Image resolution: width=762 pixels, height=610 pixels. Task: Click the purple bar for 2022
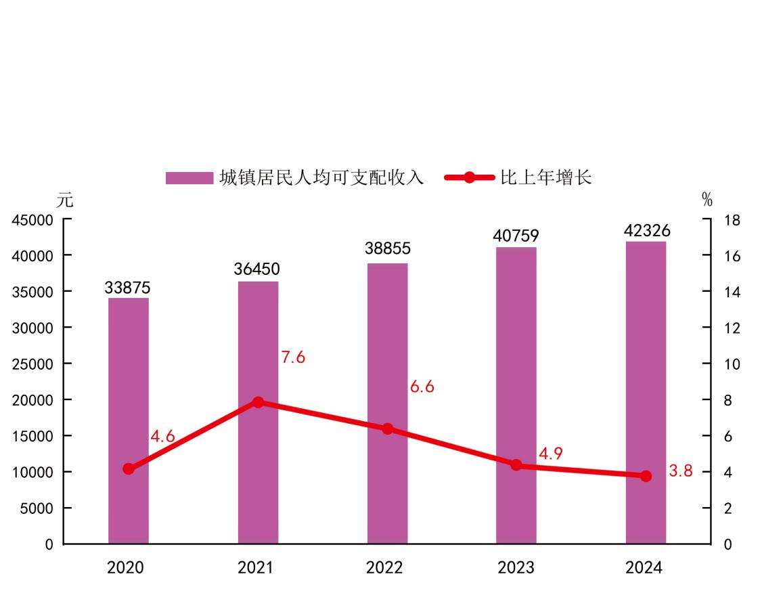(x=388, y=403)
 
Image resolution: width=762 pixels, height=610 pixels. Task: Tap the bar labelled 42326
(x=646, y=392)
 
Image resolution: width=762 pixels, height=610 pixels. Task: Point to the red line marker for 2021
(x=258, y=402)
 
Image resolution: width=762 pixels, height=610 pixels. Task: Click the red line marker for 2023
(x=516, y=465)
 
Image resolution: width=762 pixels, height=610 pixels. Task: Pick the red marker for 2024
(x=646, y=476)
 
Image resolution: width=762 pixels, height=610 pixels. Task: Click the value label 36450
(x=257, y=269)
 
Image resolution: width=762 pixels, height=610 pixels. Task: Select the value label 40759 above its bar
(x=516, y=236)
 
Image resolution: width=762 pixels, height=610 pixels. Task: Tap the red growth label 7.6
(x=293, y=357)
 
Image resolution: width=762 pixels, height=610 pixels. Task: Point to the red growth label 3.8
(x=681, y=472)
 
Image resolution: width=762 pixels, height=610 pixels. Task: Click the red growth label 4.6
(x=162, y=437)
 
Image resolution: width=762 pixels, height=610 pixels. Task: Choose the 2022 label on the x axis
(x=384, y=567)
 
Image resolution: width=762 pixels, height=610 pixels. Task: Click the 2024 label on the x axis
(x=644, y=567)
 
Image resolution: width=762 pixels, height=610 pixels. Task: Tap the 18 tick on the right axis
(x=732, y=220)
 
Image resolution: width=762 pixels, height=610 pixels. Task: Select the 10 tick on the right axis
(x=732, y=364)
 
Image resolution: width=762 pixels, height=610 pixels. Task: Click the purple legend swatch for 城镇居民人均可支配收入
(x=189, y=178)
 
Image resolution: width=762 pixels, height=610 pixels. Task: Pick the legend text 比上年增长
(x=546, y=178)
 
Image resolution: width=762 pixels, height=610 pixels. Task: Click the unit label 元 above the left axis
(x=65, y=200)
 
